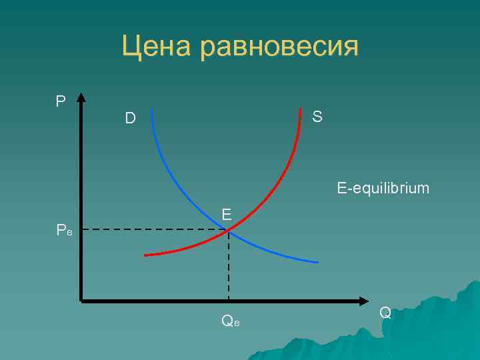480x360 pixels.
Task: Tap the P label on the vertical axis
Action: click(61, 101)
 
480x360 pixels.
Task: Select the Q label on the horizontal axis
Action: click(385, 312)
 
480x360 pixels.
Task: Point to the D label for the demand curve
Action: click(130, 119)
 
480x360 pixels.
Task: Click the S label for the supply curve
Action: click(317, 117)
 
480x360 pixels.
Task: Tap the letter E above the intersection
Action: click(227, 214)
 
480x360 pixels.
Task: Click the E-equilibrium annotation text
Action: click(383, 189)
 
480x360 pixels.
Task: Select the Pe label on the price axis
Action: click(65, 231)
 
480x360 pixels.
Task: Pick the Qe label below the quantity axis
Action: click(230, 321)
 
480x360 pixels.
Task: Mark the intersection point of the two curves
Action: click(229, 231)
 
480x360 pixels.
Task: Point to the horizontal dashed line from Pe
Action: click(153, 230)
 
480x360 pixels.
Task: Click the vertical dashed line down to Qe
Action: click(229, 267)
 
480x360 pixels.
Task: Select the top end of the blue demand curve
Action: click(152, 109)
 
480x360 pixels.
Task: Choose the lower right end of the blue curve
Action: click(317, 262)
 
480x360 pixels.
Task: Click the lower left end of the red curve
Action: click(145, 255)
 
